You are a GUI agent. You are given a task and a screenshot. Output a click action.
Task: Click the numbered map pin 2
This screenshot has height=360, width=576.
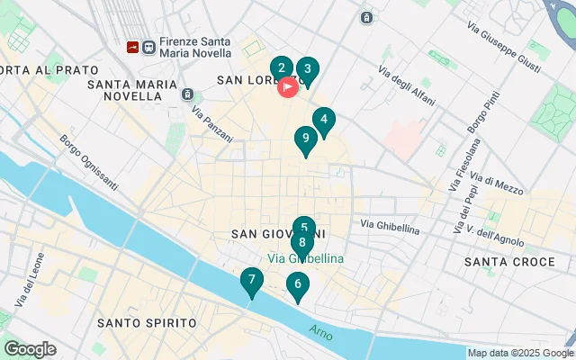pos(282,68)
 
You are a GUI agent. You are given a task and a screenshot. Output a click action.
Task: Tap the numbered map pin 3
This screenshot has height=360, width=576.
pos(308,69)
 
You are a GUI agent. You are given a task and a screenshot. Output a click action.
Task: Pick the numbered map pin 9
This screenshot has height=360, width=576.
pos(306,139)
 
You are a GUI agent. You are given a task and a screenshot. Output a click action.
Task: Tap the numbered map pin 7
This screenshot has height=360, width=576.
pos(251,280)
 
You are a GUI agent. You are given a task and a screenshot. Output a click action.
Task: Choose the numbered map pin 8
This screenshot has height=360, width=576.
pos(301,243)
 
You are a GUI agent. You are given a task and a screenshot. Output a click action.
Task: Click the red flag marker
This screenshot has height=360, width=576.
pos(288,87)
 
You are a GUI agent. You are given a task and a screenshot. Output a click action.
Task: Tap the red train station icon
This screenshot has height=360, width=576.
pos(133,45)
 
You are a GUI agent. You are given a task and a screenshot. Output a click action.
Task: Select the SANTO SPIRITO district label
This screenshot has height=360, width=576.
pos(147,322)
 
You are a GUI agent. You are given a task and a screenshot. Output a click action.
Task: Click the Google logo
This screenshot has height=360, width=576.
pos(30,349)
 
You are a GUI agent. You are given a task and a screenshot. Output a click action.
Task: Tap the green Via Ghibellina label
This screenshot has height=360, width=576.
pos(305,257)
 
